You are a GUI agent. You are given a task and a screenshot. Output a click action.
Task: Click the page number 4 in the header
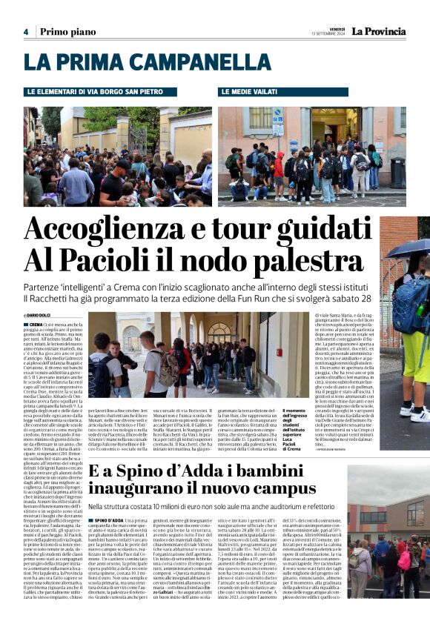pos(25,32)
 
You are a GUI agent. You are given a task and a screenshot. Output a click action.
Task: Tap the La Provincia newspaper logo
pos(378,31)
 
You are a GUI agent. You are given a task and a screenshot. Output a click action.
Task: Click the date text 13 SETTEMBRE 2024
pos(328,34)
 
